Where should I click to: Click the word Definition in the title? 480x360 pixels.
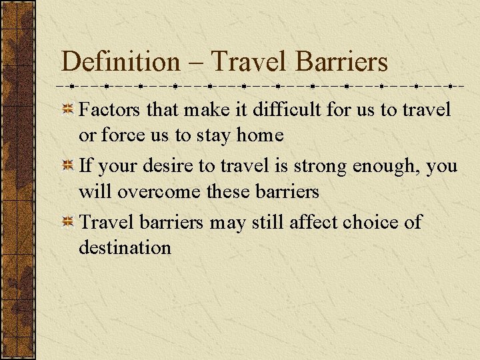[x=120, y=62]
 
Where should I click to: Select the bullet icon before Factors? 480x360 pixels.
[x=68, y=109]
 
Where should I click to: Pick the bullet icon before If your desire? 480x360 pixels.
[x=68, y=166]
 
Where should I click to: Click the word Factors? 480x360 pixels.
[x=110, y=109]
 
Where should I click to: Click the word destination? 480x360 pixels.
[x=125, y=247]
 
